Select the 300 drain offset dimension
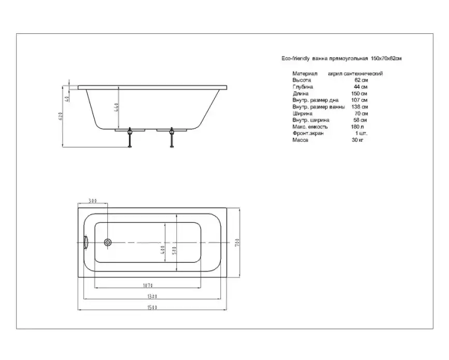[x=93, y=201]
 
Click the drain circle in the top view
[x=108, y=242]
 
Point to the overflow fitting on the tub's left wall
[x=86, y=242]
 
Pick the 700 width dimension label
[x=236, y=242]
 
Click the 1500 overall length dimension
[x=152, y=308]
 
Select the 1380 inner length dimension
[x=152, y=296]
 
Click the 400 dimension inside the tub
[x=162, y=250]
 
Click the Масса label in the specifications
[x=300, y=140]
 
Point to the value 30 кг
[x=357, y=140]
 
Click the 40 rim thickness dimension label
[x=67, y=98]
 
